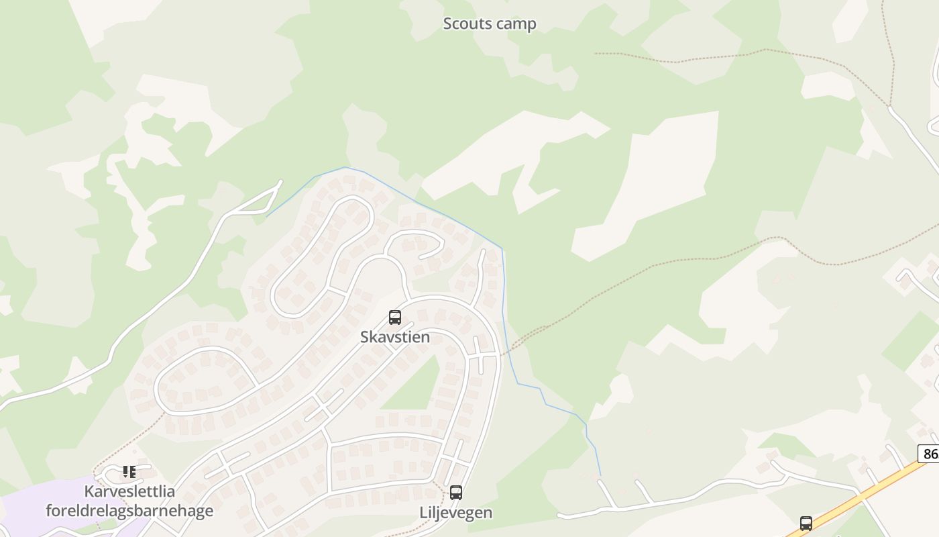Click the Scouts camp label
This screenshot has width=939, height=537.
pyautogui.click(x=490, y=24)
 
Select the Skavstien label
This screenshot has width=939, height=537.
pyautogui.click(x=395, y=337)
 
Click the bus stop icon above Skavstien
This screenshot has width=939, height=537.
pyautogui.click(x=395, y=318)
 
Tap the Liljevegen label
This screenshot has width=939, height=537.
pyautogui.click(x=456, y=513)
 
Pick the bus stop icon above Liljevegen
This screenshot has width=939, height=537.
pyautogui.click(x=456, y=493)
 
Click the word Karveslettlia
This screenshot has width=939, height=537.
pyautogui.click(x=129, y=491)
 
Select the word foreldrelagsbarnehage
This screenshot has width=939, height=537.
pyautogui.click(x=129, y=511)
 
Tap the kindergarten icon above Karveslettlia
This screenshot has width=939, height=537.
pyautogui.click(x=129, y=472)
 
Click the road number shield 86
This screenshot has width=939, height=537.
pyautogui.click(x=930, y=454)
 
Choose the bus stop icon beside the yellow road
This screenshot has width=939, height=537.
pyautogui.click(x=806, y=523)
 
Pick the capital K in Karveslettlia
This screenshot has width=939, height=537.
pyautogui.click(x=89, y=491)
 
